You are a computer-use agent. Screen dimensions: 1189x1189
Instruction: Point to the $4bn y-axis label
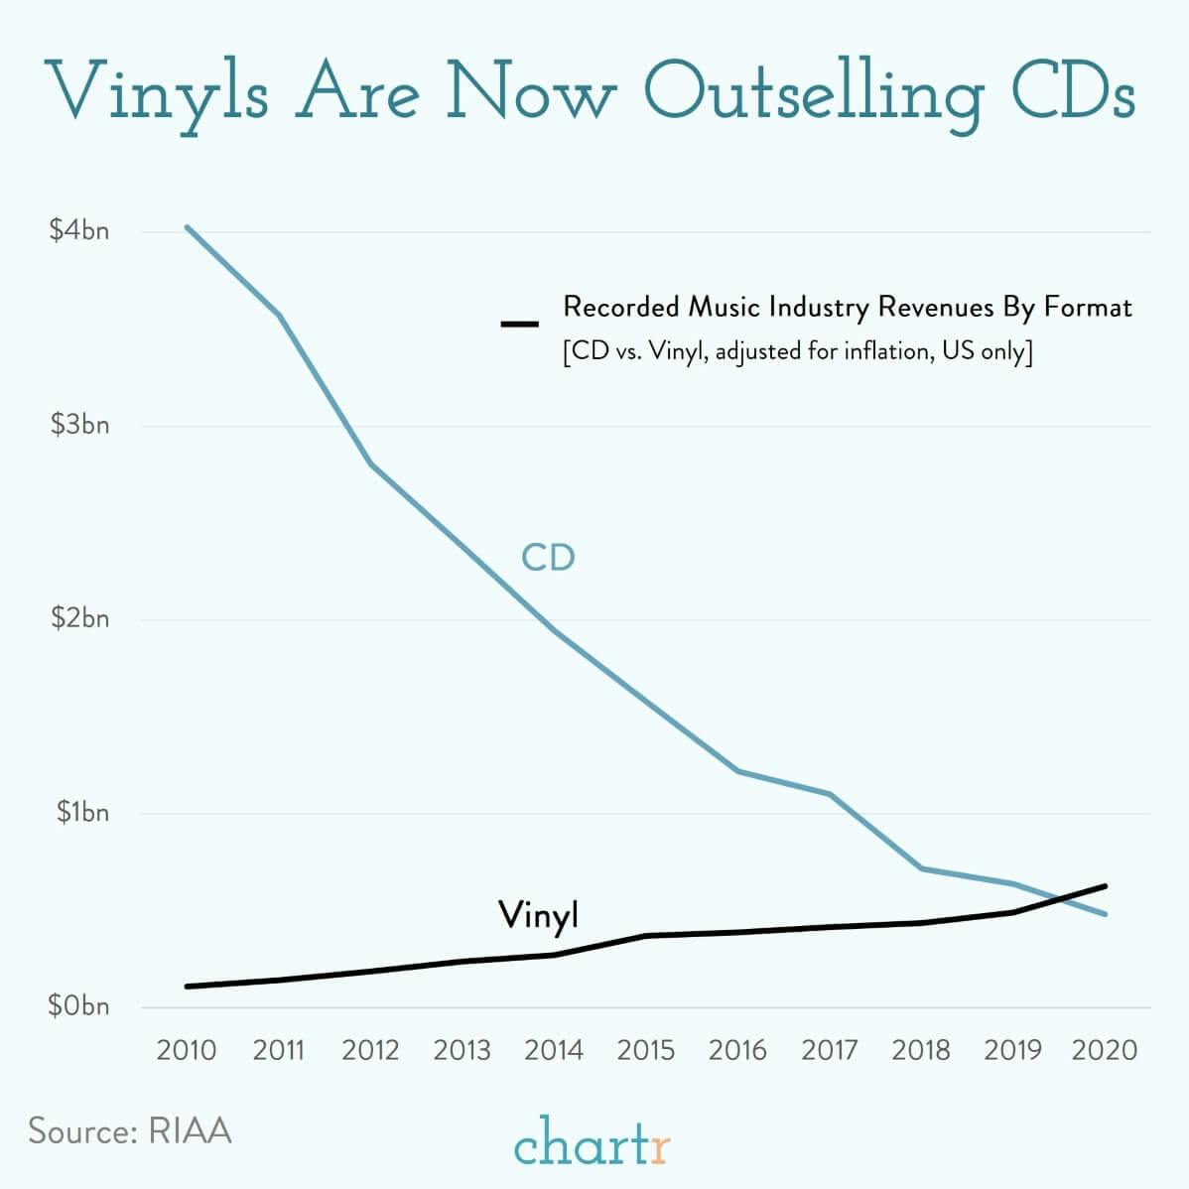(79, 231)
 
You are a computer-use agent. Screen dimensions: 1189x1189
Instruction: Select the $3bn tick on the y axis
(79, 426)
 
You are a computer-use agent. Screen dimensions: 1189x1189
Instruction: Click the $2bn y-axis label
(79, 619)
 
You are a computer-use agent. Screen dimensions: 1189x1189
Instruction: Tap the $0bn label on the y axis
(79, 1006)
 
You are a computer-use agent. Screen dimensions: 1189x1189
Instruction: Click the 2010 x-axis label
(186, 1050)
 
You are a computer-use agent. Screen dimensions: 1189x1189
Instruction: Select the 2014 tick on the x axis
(553, 1050)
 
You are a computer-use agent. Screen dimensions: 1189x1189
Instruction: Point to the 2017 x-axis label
(829, 1050)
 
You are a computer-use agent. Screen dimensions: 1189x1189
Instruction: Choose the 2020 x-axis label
(1105, 1050)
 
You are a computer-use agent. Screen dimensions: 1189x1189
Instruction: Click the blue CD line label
(548, 558)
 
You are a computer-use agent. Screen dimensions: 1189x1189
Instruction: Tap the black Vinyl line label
(538, 915)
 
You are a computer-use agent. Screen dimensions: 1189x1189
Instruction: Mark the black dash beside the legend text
(519, 324)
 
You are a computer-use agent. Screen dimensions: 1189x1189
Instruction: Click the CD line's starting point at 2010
(187, 227)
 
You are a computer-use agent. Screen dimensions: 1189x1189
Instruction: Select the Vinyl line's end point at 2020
(1105, 885)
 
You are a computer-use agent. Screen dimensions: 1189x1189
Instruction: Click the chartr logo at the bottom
(593, 1141)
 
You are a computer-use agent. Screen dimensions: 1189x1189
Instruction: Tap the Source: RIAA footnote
(130, 1131)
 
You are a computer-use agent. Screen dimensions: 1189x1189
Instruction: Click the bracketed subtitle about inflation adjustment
(797, 352)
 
